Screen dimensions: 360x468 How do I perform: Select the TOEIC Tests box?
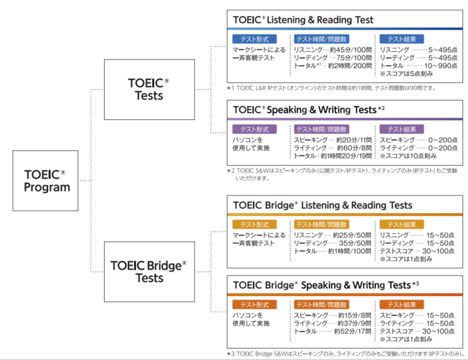pos(149,89)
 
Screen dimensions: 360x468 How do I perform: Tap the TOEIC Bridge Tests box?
pos(149,271)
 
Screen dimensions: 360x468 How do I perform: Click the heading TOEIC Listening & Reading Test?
pos(303,19)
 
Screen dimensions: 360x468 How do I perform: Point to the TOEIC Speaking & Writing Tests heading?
pos(308,110)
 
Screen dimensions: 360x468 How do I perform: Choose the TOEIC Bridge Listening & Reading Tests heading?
pos(322,205)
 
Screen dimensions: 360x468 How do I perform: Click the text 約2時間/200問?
pos(349,65)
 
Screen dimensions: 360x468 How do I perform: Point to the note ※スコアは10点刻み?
pos(407,156)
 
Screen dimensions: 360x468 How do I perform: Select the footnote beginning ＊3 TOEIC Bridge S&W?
pos(345,353)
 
